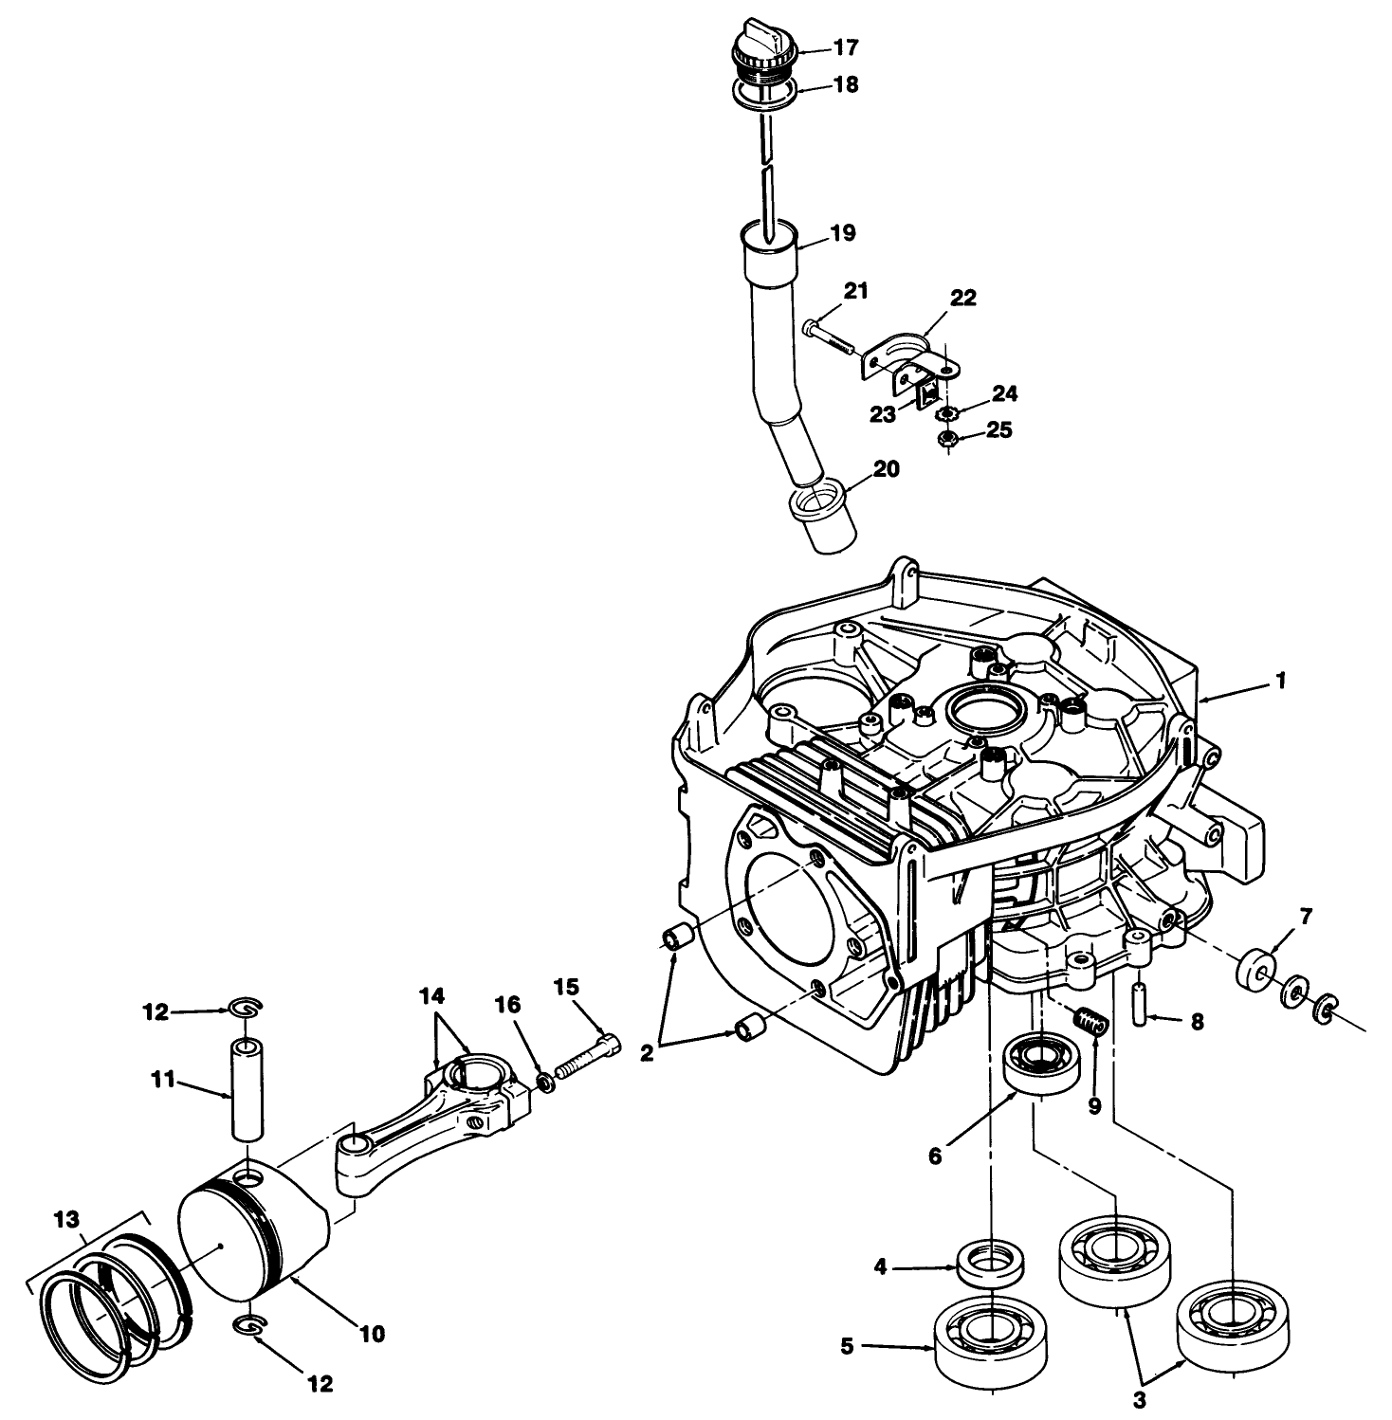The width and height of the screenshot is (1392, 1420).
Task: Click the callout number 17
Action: (845, 47)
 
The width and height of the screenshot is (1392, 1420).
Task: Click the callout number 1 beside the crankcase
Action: (1280, 681)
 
